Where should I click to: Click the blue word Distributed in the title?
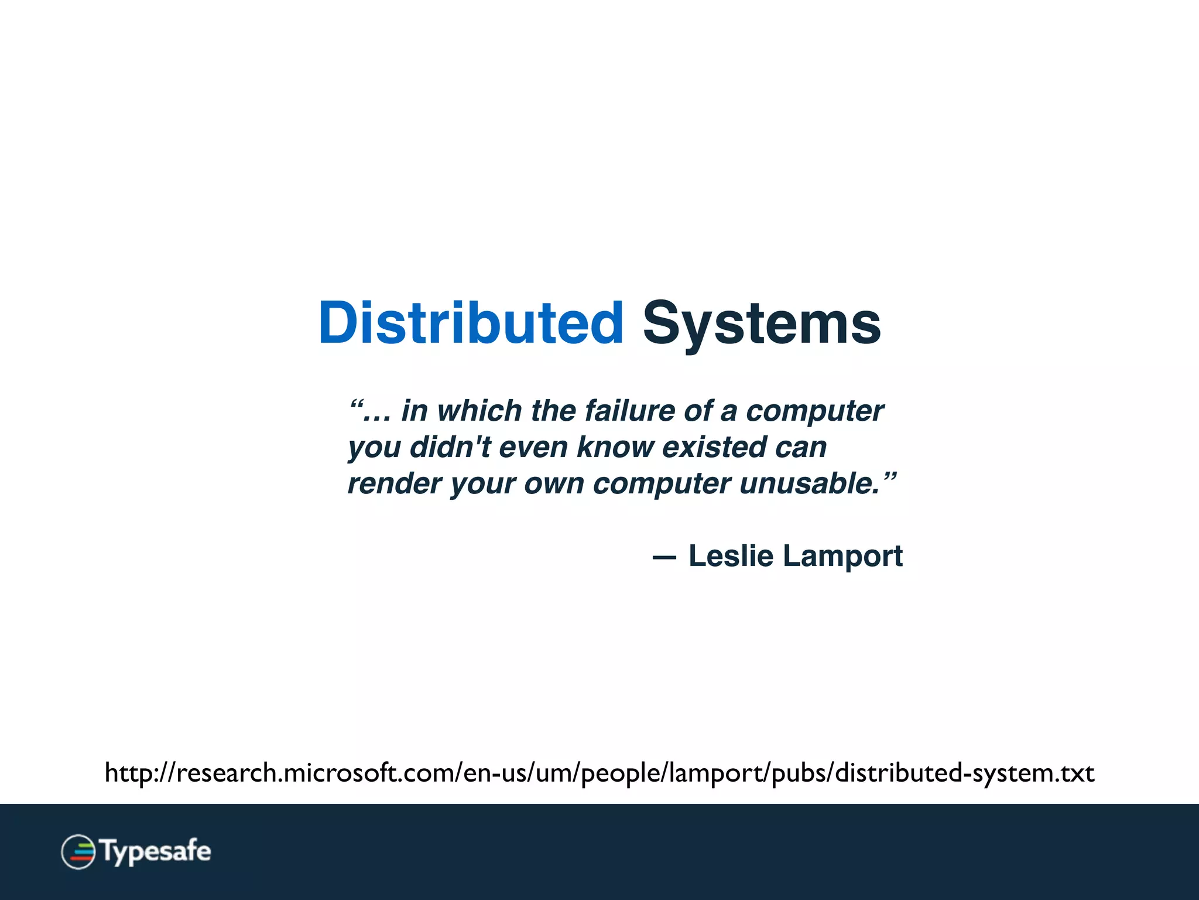click(x=471, y=323)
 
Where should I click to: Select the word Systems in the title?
click(x=762, y=323)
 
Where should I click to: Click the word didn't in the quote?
click(x=450, y=448)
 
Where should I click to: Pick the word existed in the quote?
click(x=714, y=448)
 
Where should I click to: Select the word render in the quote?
click(x=394, y=484)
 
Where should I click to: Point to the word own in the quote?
click(x=554, y=484)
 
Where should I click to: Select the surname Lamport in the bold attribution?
click(x=842, y=555)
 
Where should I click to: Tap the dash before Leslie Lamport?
click(x=664, y=558)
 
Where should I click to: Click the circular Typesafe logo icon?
click(x=78, y=851)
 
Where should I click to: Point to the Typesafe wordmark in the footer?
click(x=156, y=851)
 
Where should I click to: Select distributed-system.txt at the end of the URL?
click(x=964, y=773)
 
